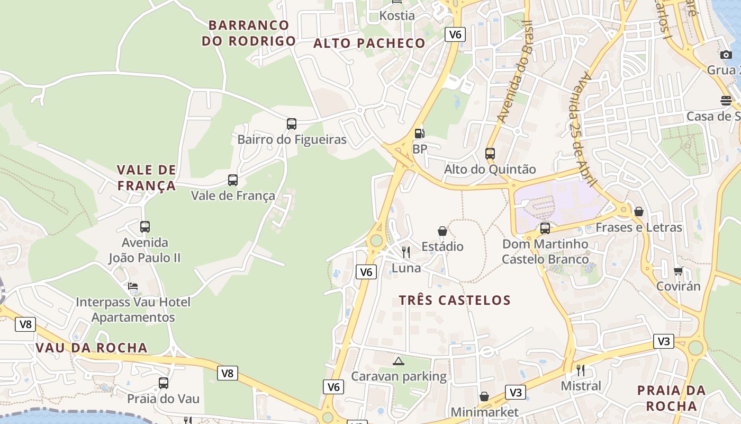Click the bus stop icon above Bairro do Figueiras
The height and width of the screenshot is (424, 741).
click(x=291, y=124)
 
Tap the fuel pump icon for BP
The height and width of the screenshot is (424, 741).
click(x=419, y=134)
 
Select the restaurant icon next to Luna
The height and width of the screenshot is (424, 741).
click(x=406, y=252)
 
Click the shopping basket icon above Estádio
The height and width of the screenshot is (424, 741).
click(x=442, y=231)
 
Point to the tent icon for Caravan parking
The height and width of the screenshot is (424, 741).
click(x=399, y=361)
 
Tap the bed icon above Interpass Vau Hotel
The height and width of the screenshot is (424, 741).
click(x=133, y=286)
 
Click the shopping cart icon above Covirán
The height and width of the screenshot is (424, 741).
click(x=678, y=271)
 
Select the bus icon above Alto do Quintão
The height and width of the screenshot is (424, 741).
click(x=490, y=154)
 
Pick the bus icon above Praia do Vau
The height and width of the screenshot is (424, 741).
click(x=164, y=383)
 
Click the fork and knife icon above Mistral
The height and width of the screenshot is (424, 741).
click(x=581, y=370)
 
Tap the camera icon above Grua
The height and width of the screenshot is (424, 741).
click(x=726, y=55)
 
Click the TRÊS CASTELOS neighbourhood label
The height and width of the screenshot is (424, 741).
click(x=455, y=300)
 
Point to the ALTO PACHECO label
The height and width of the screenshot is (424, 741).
click(x=369, y=43)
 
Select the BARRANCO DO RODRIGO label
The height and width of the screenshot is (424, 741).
click(x=249, y=33)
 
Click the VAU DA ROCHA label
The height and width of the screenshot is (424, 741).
click(x=92, y=348)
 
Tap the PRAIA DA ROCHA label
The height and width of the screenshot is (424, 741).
click(x=671, y=398)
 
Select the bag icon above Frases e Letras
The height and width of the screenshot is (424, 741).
click(x=639, y=211)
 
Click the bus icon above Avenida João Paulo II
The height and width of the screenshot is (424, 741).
click(x=145, y=227)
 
